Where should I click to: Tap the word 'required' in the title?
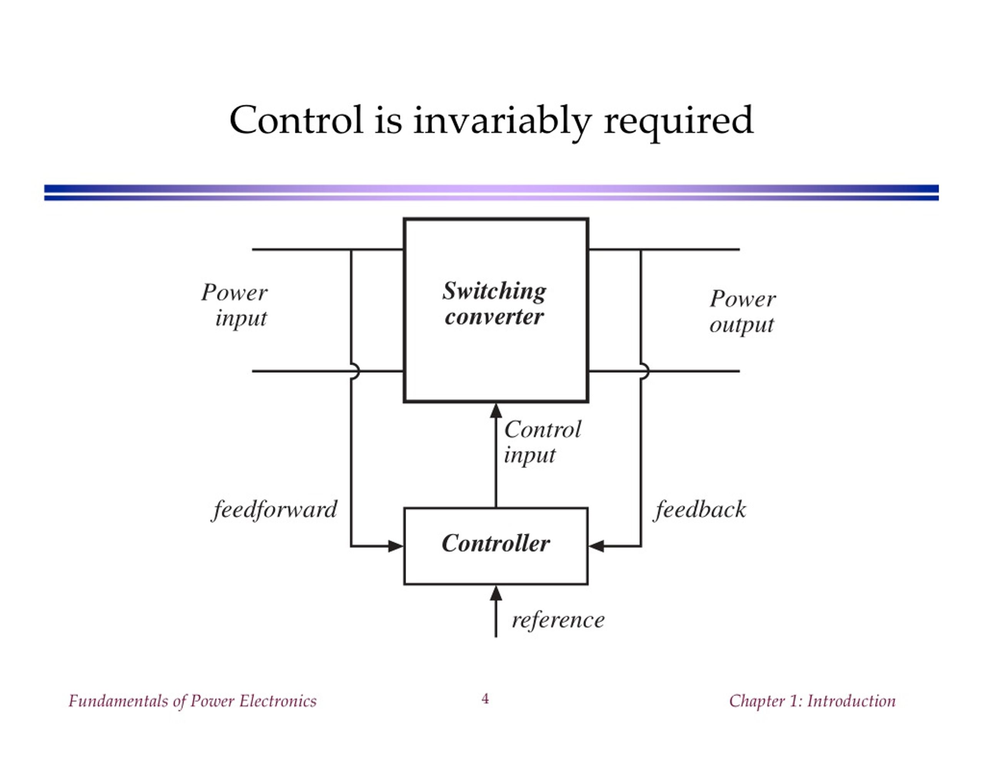coord(678,122)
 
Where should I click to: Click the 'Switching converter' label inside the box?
coord(494,304)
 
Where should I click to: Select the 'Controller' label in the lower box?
coord(496,543)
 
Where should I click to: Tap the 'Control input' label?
coord(543,442)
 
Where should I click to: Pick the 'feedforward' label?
coord(274,510)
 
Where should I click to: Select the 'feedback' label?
coord(700,510)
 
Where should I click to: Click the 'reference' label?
coord(558,620)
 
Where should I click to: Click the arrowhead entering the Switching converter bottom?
coord(496,411)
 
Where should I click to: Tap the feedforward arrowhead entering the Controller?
coord(396,546)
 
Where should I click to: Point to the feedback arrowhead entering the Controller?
coord(596,546)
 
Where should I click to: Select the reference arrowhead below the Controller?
coord(496,593)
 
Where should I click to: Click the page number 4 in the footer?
coord(485,699)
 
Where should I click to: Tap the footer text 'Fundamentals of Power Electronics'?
coord(193,701)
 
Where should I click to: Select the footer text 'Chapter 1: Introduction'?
coord(812,701)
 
